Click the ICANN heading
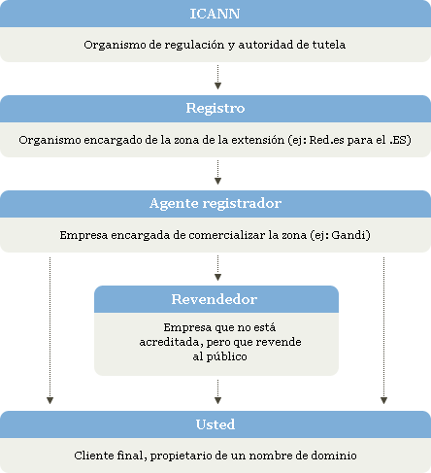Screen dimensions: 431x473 coord(215,14)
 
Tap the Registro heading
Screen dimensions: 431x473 coord(215,108)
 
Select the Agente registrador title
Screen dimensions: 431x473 coord(215,204)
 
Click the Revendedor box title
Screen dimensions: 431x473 coord(215,299)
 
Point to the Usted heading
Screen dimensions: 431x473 coord(215,424)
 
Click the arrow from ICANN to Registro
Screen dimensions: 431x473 coord(217,77)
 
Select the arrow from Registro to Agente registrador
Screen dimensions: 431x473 coord(217,172)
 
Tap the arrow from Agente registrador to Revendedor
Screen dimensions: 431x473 coord(217,268)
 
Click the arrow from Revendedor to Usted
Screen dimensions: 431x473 coord(217,391)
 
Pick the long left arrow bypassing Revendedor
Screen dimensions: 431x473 coord(50,330)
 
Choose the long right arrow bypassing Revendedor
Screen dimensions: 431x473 coord(383,330)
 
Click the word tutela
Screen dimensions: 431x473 coord(329,45)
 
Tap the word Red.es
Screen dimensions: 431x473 coord(326,140)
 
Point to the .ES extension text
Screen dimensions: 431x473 coord(398,140)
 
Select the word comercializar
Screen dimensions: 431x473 coord(227,235)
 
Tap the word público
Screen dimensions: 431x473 coord(226,357)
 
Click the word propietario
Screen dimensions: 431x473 coord(181,456)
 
